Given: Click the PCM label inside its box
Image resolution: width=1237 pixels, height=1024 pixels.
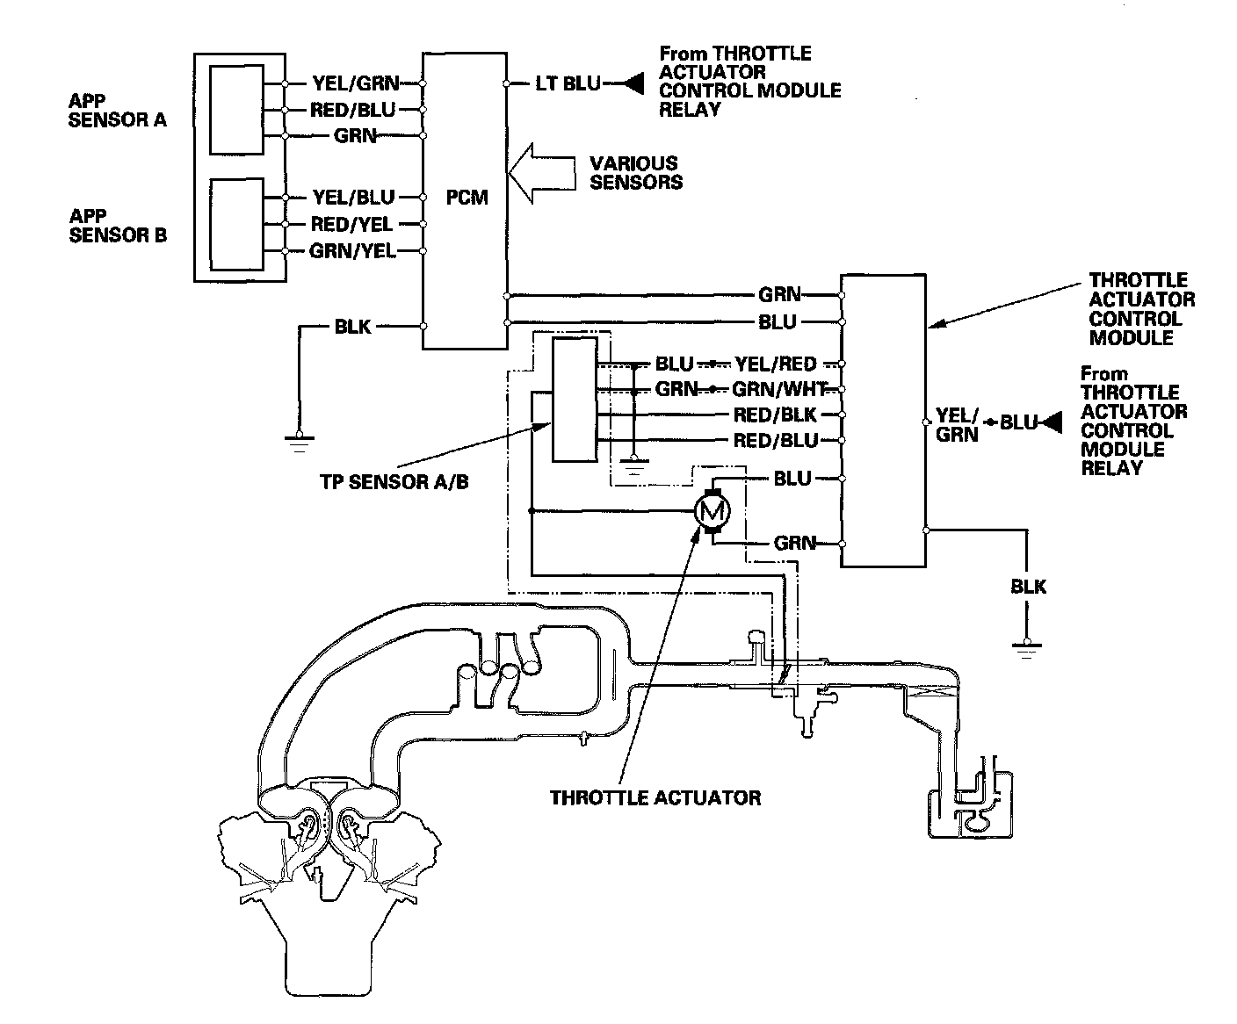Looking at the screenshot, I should tap(467, 198).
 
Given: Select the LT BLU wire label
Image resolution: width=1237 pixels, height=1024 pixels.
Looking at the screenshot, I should tap(568, 84).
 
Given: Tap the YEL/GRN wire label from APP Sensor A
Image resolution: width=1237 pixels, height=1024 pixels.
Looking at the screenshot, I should tap(355, 84).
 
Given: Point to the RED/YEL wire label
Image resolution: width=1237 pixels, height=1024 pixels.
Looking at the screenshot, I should tap(351, 225).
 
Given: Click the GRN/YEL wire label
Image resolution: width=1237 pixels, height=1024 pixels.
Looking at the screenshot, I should tap(352, 252).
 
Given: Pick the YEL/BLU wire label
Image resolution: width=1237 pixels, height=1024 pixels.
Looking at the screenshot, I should tap(353, 198).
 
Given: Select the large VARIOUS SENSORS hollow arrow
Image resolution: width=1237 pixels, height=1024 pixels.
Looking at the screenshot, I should tap(544, 173).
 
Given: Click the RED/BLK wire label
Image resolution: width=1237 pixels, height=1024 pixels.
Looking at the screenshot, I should tap(775, 415).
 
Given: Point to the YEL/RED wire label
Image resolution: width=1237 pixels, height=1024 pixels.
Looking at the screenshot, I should tap(775, 364).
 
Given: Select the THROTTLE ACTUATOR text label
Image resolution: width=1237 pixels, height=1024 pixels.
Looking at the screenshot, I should tap(655, 798).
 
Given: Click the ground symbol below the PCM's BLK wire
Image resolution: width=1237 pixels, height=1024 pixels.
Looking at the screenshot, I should tap(300, 441).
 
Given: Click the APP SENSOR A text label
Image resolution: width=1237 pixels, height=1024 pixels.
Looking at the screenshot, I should tap(117, 110).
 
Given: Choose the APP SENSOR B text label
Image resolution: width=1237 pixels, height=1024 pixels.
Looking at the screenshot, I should tap(117, 225).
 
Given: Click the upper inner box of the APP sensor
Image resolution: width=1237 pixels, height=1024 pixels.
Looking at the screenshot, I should tap(236, 110).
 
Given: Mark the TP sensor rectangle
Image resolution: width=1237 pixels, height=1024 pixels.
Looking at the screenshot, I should tap(573, 400).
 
